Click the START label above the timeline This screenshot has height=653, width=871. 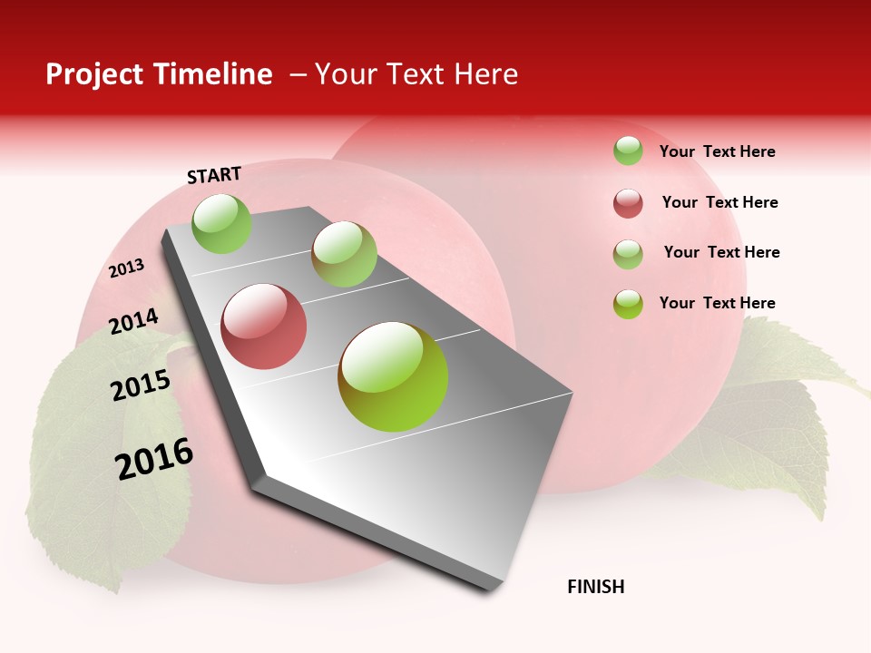[x=214, y=175]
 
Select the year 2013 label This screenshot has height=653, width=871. [x=126, y=268]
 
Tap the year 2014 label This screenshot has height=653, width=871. [x=133, y=322]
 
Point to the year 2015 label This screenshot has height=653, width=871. [x=141, y=385]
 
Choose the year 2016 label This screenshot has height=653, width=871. [x=154, y=459]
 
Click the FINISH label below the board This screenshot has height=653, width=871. [x=596, y=587]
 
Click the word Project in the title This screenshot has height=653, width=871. [x=95, y=74]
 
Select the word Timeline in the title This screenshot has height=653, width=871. [x=213, y=74]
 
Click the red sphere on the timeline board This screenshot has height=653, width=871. [x=264, y=326]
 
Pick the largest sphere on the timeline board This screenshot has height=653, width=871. [x=393, y=376]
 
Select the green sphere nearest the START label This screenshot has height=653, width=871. [x=222, y=223]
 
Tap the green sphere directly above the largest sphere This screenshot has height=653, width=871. [x=344, y=254]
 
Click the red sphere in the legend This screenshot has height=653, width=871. [x=628, y=203]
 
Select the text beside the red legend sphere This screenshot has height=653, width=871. [x=719, y=202]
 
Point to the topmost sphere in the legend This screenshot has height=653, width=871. [x=628, y=151]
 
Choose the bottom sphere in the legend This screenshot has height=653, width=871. [x=628, y=304]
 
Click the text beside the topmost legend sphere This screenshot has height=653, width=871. [x=717, y=151]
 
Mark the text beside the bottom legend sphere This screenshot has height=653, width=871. [x=717, y=303]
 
